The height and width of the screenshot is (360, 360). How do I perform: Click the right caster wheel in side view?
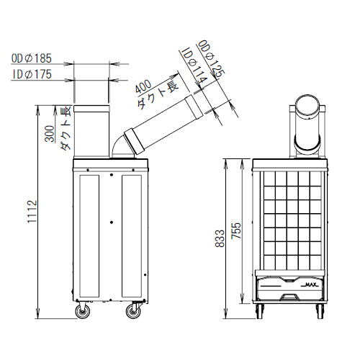(133, 311)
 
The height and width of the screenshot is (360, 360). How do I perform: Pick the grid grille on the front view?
(291, 220)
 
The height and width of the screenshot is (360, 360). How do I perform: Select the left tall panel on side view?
(90, 233)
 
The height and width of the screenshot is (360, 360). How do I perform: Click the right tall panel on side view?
(132, 233)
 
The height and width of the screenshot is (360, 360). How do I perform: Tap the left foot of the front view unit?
(261, 311)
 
